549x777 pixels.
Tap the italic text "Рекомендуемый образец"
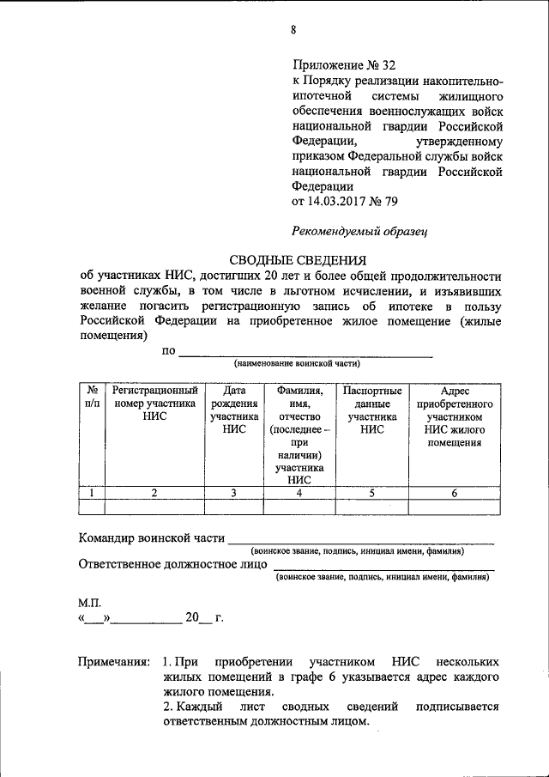coord(359,230)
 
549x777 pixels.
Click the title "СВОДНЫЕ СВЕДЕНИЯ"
coord(297,260)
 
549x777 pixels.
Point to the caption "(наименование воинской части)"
coord(304,364)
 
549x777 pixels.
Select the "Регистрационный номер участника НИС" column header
coord(155,403)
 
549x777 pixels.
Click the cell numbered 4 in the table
coord(299,493)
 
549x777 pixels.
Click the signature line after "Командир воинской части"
coord(360,541)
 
